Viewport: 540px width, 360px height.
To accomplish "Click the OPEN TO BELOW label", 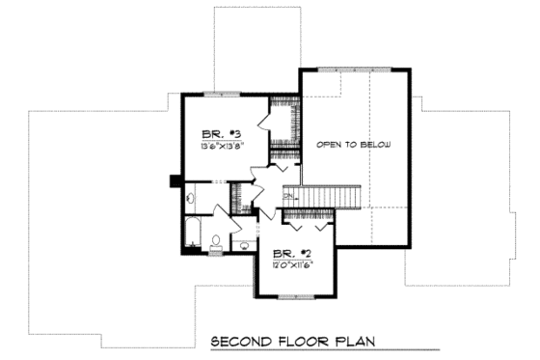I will (x=354, y=144).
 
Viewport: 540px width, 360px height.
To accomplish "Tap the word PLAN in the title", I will (x=355, y=341).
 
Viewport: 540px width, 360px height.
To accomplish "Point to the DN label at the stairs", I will (x=287, y=197).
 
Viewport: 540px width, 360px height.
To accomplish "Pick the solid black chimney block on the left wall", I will (x=174, y=179).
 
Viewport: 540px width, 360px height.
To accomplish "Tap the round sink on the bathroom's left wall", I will (x=190, y=198).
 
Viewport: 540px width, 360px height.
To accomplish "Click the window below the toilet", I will (x=217, y=253).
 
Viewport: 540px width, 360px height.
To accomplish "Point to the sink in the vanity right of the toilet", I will (x=244, y=245).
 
